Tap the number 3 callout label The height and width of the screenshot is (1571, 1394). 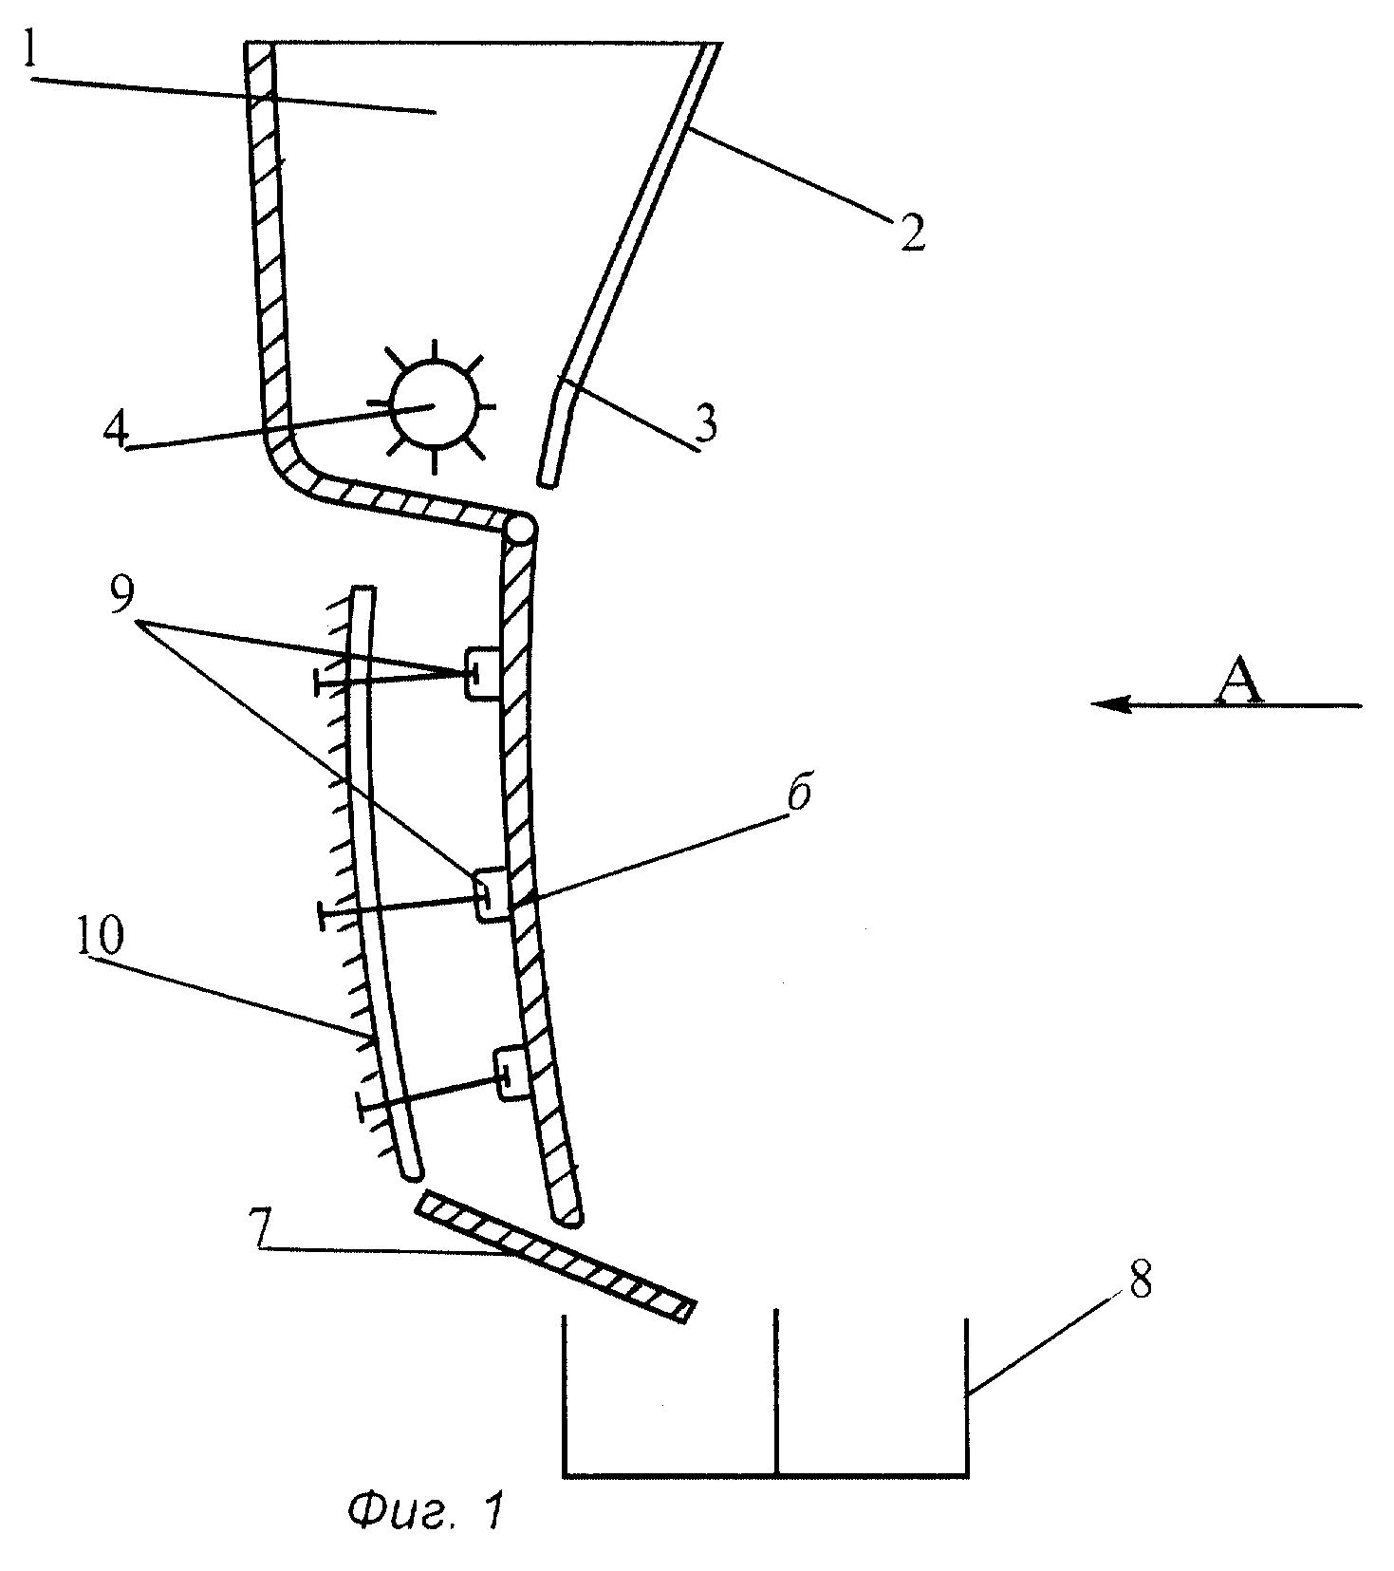tap(704, 424)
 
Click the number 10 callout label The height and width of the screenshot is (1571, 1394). tap(99, 937)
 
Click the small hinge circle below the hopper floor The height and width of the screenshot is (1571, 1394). tap(521, 529)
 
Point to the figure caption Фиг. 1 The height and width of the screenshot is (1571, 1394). tap(421, 1512)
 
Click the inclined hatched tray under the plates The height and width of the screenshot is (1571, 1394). tap(556, 1257)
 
